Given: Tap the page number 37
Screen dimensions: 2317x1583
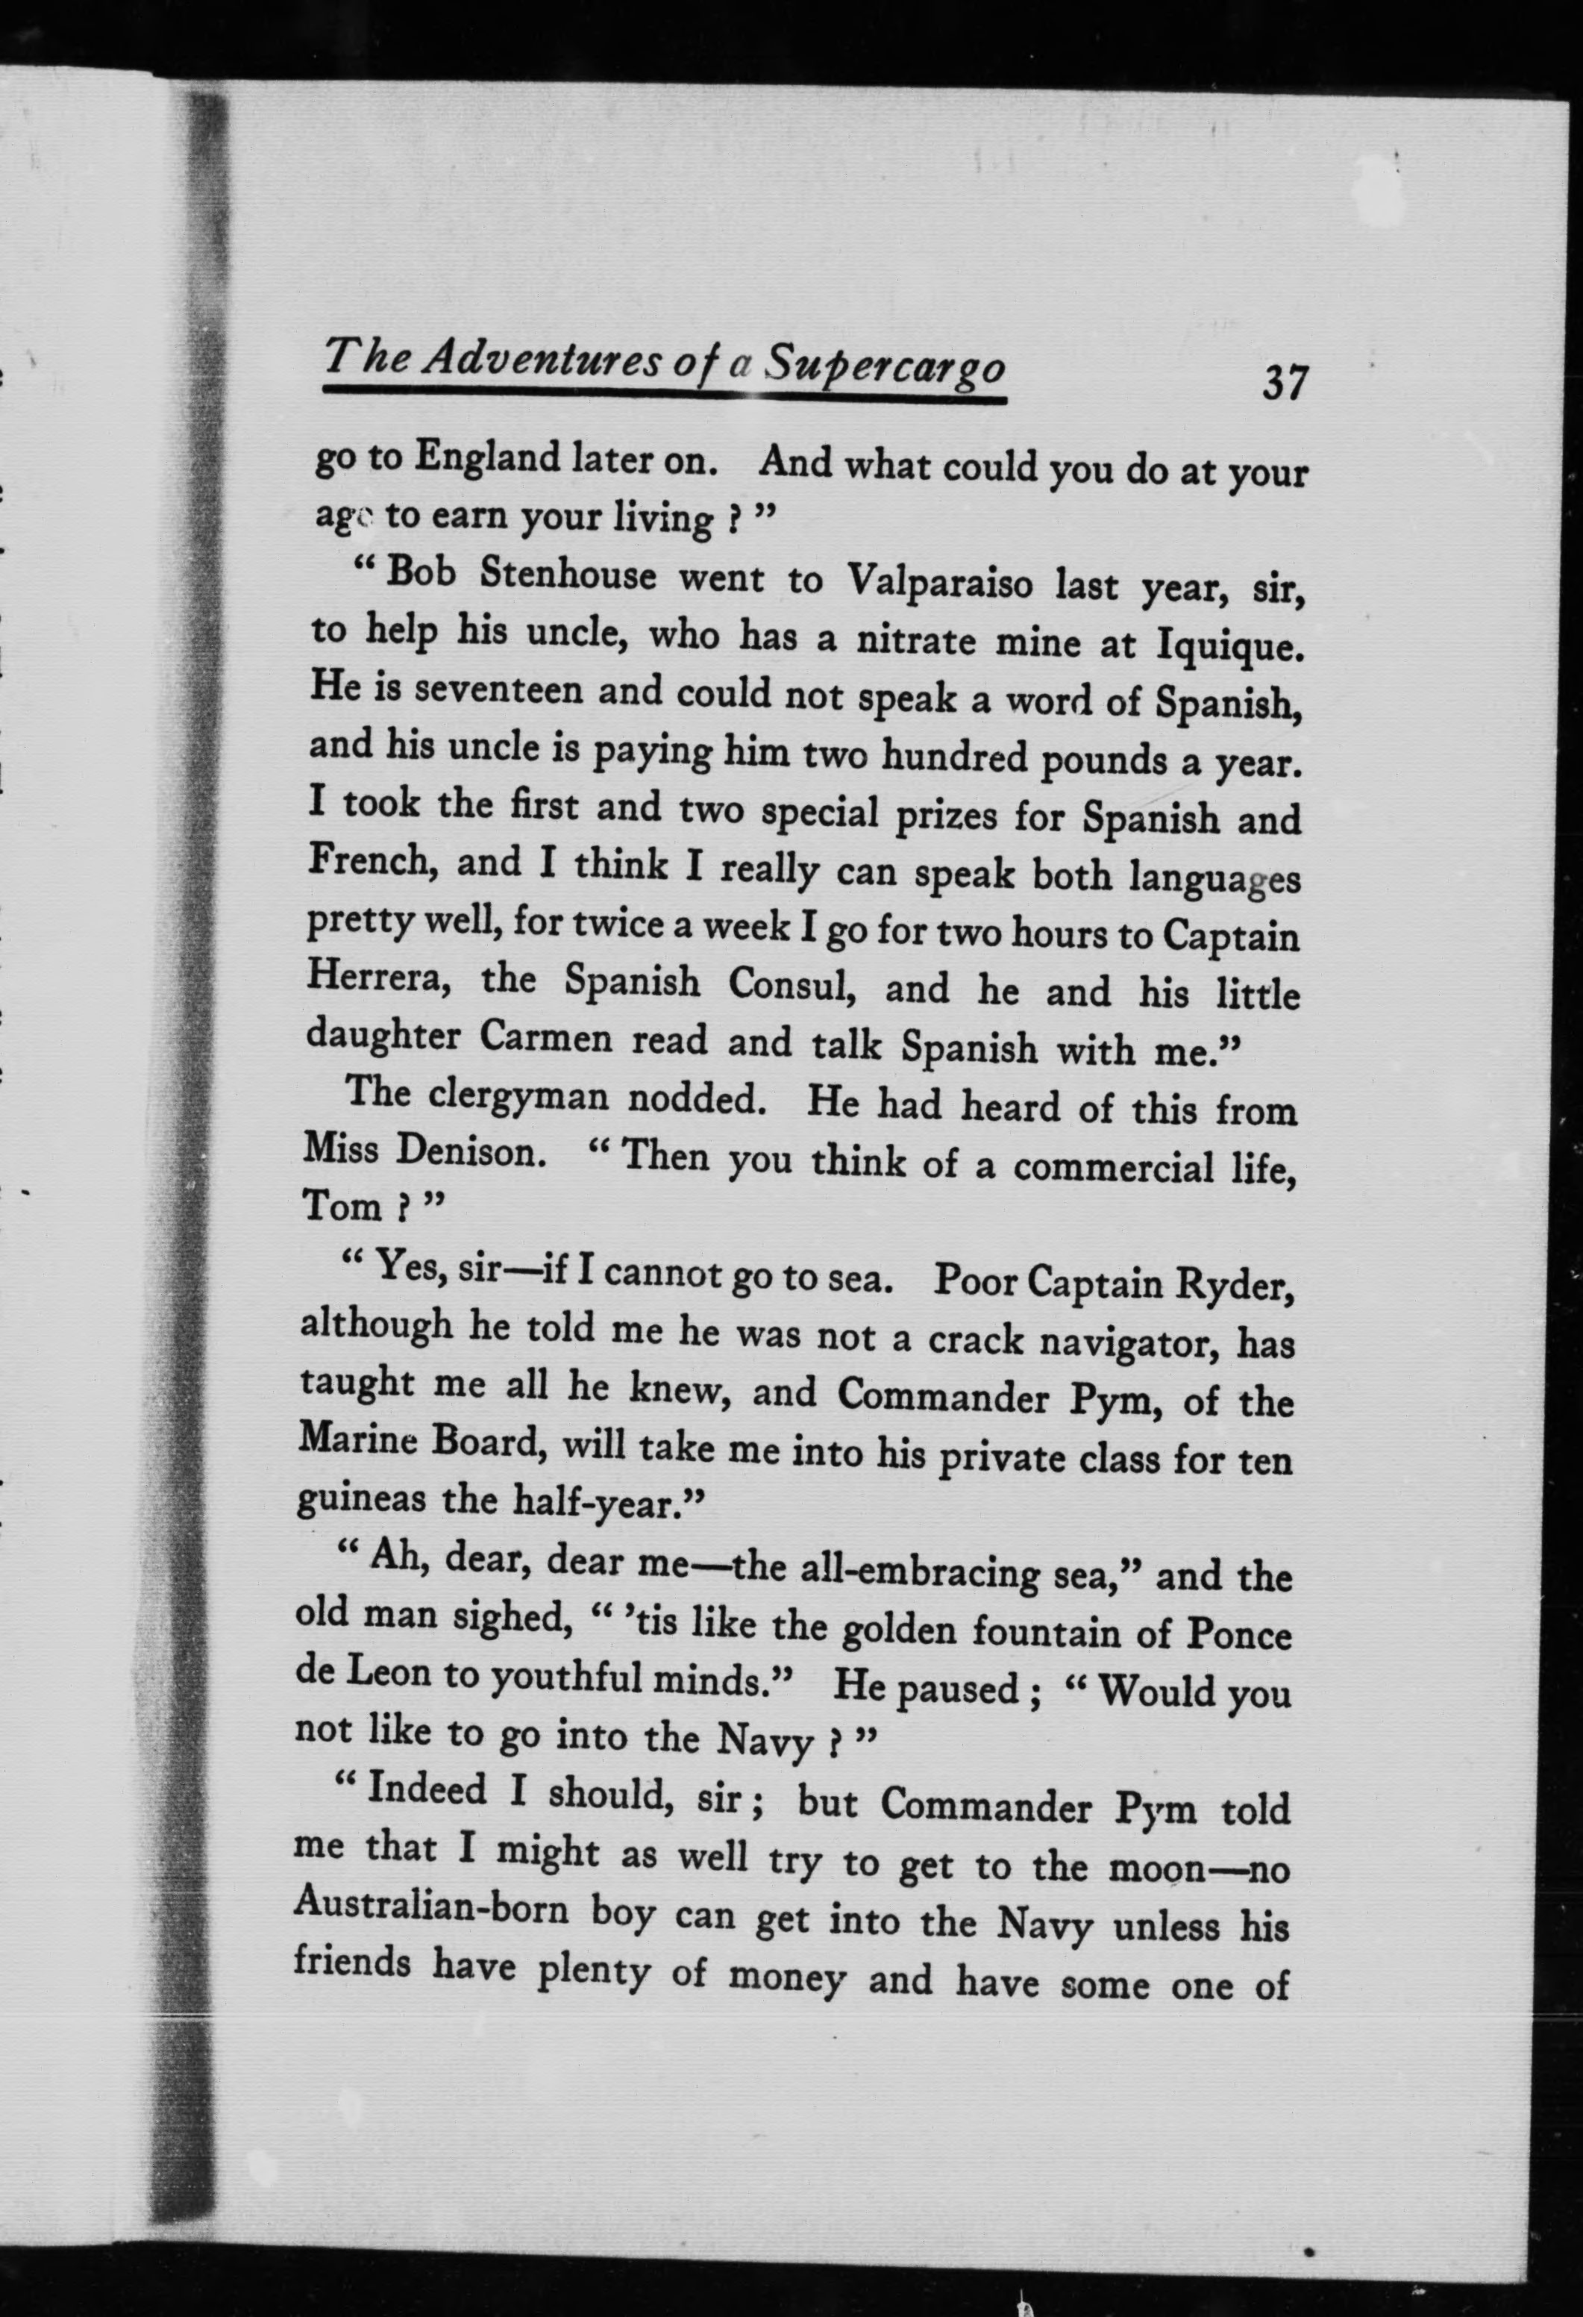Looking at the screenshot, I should click(x=1284, y=382).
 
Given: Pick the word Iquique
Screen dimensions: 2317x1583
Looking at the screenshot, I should click(x=1229, y=648).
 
